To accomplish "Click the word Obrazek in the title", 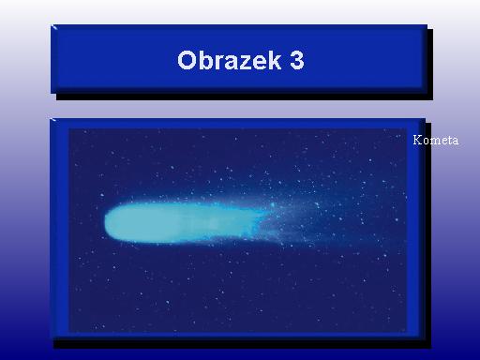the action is coord(229,60).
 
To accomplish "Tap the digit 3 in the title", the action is coord(296,60).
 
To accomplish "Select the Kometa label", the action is coord(436,140).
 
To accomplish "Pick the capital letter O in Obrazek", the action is coord(187,60).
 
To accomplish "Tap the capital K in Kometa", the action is coord(417,140).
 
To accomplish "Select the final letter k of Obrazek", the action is coord(274,60).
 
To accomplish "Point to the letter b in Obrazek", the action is coord(205,60).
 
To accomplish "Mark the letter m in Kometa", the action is coord(434,142).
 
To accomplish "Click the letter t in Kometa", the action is coord(449,141).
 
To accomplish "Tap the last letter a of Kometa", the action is coord(456,142).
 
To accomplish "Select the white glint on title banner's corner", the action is coord(54,27).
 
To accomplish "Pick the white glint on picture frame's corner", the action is coord(53,120).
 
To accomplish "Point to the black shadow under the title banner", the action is coord(245,97).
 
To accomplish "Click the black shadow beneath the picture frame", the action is coord(242,344).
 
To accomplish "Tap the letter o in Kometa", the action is coord(426,142).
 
